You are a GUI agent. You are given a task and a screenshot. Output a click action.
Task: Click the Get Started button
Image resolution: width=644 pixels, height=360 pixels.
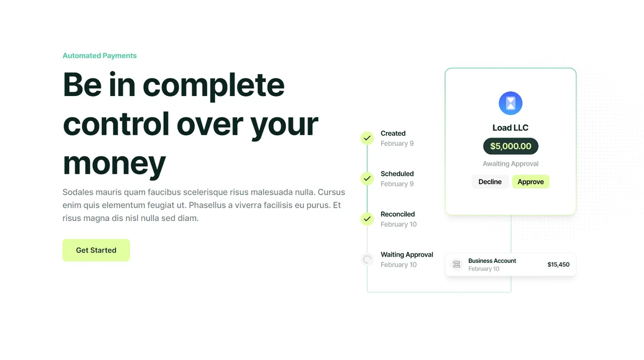pyautogui.click(x=96, y=250)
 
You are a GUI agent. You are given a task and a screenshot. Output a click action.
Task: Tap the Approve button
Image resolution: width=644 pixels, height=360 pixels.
pyautogui.click(x=530, y=181)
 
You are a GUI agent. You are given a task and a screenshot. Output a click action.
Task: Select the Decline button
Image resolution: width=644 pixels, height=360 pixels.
pyautogui.click(x=490, y=181)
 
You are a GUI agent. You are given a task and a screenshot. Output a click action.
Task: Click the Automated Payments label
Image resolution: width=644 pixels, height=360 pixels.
pyautogui.click(x=99, y=55)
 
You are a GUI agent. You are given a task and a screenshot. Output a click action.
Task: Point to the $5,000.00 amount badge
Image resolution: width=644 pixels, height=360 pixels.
pyautogui.click(x=510, y=146)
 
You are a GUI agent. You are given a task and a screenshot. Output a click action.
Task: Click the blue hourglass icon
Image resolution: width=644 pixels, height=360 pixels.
pyautogui.click(x=510, y=103)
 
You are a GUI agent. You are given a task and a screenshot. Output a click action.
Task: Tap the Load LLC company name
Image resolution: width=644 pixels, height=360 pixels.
pyautogui.click(x=510, y=128)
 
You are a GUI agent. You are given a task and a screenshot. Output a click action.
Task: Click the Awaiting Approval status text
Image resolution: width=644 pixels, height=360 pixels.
pyautogui.click(x=510, y=164)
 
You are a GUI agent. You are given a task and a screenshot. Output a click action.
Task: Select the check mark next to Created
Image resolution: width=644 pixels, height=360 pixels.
pyautogui.click(x=367, y=138)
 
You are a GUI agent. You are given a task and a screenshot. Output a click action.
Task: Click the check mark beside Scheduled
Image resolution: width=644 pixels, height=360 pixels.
pyautogui.click(x=367, y=179)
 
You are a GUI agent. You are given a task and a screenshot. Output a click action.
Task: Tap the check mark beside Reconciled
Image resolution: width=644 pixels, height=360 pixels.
pyautogui.click(x=367, y=219)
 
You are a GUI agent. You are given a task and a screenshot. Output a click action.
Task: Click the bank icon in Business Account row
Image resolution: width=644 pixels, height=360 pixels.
pyautogui.click(x=457, y=264)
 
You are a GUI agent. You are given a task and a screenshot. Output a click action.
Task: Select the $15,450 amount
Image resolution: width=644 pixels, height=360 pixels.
pyautogui.click(x=558, y=265)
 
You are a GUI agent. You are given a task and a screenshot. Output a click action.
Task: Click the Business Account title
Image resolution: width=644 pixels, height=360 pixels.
pyautogui.click(x=492, y=261)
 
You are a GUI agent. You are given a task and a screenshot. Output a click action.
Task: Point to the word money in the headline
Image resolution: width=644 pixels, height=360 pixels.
pyautogui.click(x=114, y=163)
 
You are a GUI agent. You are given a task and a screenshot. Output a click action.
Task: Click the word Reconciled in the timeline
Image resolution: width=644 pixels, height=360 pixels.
pyautogui.click(x=398, y=214)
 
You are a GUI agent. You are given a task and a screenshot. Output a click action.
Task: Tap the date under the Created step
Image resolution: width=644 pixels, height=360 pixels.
pyautogui.click(x=397, y=143)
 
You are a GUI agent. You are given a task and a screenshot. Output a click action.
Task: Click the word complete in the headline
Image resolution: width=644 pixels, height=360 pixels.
pyautogui.click(x=214, y=85)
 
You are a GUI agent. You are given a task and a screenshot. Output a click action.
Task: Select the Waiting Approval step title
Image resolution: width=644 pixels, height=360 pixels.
pyautogui.click(x=407, y=254)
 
